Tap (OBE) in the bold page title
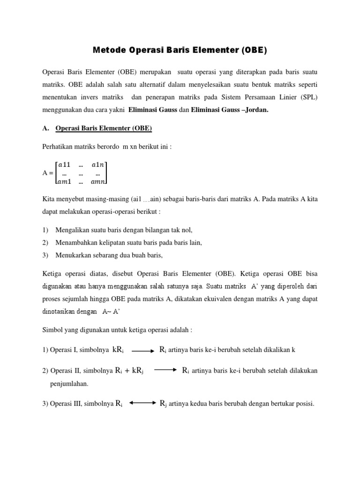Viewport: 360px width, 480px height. (x=253, y=50)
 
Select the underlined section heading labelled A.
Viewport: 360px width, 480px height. (x=104, y=128)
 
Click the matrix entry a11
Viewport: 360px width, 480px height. (x=66, y=165)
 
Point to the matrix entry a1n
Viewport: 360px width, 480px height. (x=98, y=165)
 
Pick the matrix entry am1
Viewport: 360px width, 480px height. (x=66, y=181)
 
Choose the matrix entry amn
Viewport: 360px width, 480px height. (x=98, y=181)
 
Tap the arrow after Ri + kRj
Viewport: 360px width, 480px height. (x=165, y=370)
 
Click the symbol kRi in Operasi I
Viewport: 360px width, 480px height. (x=118, y=350)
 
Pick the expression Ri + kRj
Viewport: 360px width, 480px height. (x=129, y=370)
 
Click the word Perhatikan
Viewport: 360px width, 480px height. (x=59, y=147)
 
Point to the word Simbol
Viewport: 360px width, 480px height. (x=52, y=330)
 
